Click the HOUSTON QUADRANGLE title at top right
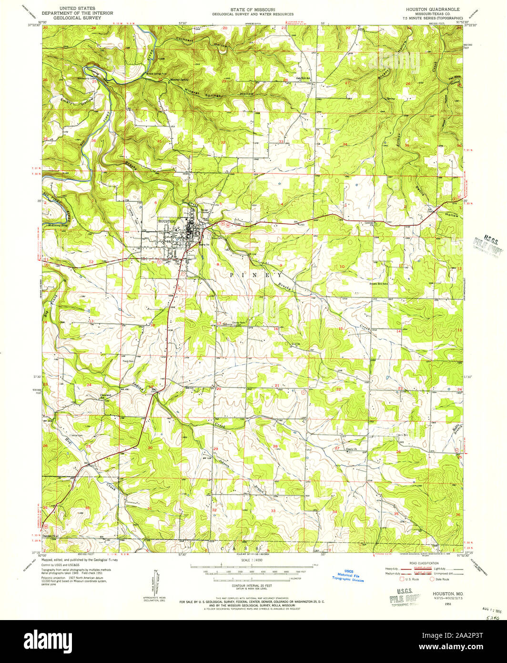click(x=433, y=9)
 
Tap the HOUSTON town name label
click(x=168, y=221)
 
